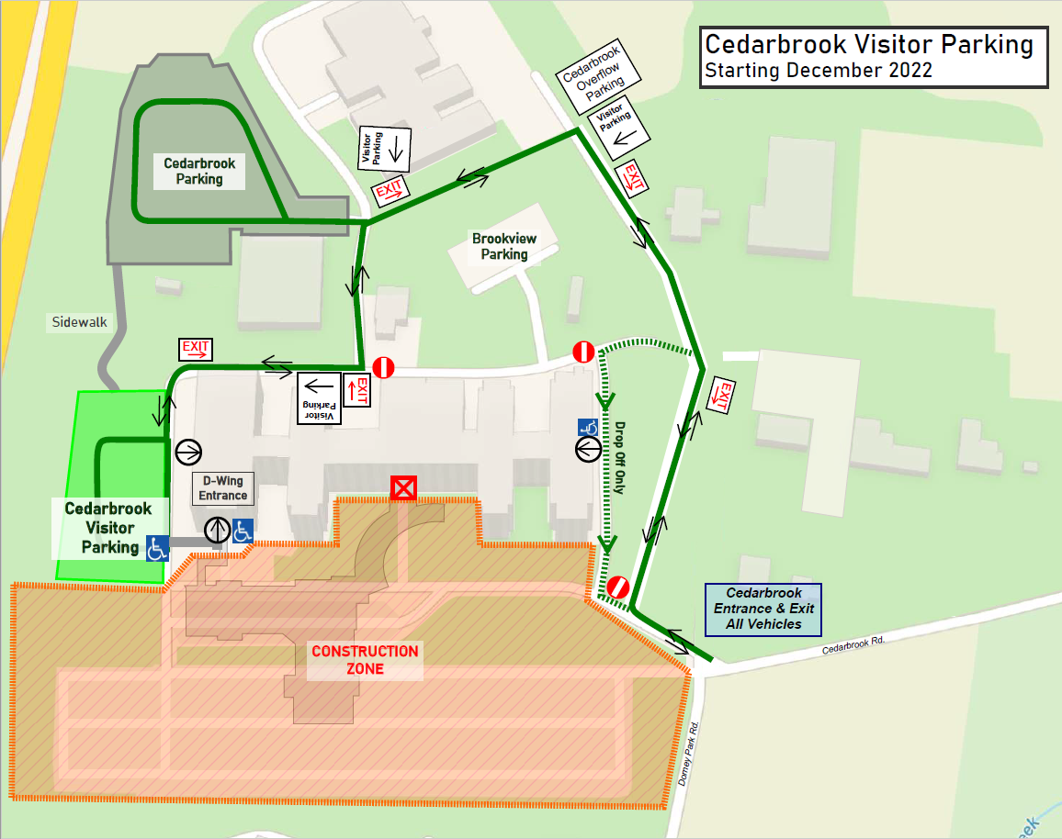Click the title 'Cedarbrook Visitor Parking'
click(868, 45)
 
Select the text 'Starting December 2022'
click(818, 71)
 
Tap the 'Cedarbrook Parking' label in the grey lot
click(199, 171)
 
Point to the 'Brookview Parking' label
click(504, 246)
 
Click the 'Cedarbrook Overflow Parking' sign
click(593, 78)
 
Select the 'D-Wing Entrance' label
click(223, 487)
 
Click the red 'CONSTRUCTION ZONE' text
click(365, 660)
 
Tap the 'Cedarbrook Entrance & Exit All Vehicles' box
click(763, 609)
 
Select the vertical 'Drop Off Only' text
click(619, 458)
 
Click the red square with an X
click(402, 488)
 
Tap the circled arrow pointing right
click(188, 451)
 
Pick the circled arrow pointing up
click(217, 530)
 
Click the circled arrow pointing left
click(588, 449)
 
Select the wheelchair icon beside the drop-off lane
click(588, 427)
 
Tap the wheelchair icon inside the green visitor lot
click(156, 548)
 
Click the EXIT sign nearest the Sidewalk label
click(196, 349)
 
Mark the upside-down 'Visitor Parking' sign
click(319, 397)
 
